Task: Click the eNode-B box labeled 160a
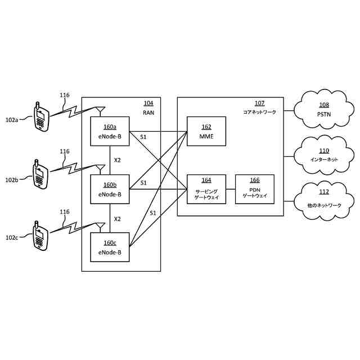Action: pos(110,132)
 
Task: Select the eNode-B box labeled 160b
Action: pos(110,189)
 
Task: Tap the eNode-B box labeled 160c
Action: pos(110,247)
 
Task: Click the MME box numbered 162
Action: pos(206,132)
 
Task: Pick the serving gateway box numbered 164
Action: pos(206,189)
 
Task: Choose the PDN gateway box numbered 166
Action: pos(254,189)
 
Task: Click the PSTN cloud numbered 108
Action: pos(324,110)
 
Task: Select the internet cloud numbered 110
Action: pos(324,155)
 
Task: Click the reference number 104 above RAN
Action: pos(148,103)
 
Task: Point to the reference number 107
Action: pos(259,103)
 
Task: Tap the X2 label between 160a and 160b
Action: pos(117,160)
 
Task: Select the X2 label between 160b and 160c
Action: pos(117,218)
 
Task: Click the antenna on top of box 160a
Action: pos(100,110)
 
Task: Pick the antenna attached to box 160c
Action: pos(100,226)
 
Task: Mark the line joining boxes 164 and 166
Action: pos(230,189)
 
